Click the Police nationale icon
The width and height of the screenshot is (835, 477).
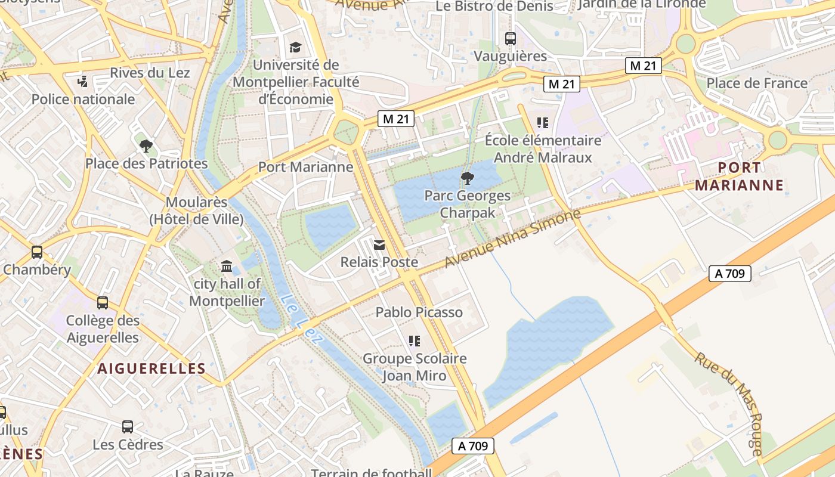tap(83, 81)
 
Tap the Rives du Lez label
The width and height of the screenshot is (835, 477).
tap(150, 73)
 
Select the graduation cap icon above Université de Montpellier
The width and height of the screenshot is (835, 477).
tap(295, 47)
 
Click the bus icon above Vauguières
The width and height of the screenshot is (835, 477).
tap(510, 39)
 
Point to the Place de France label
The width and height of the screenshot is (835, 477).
tap(756, 83)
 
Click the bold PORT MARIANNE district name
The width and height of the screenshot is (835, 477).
tap(739, 176)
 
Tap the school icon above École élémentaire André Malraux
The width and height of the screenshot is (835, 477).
tap(542, 123)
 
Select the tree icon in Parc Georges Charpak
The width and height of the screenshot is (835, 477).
tap(468, 178)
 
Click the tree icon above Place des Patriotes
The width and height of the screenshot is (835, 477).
tap(146, 145)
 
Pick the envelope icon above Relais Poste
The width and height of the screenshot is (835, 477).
tap(379, 244)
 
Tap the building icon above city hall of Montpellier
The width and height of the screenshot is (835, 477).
tap(227, 266)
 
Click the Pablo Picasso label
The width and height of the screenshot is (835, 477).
tap(419, 312)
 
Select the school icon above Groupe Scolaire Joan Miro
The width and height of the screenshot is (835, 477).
tap(415, 341)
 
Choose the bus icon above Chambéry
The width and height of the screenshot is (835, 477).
tap(37, 252)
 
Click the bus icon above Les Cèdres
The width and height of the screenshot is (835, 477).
tap(128, 427)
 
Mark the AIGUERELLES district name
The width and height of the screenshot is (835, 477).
tap(151, 368)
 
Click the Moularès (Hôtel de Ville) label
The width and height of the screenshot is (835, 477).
tap(196, 210)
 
